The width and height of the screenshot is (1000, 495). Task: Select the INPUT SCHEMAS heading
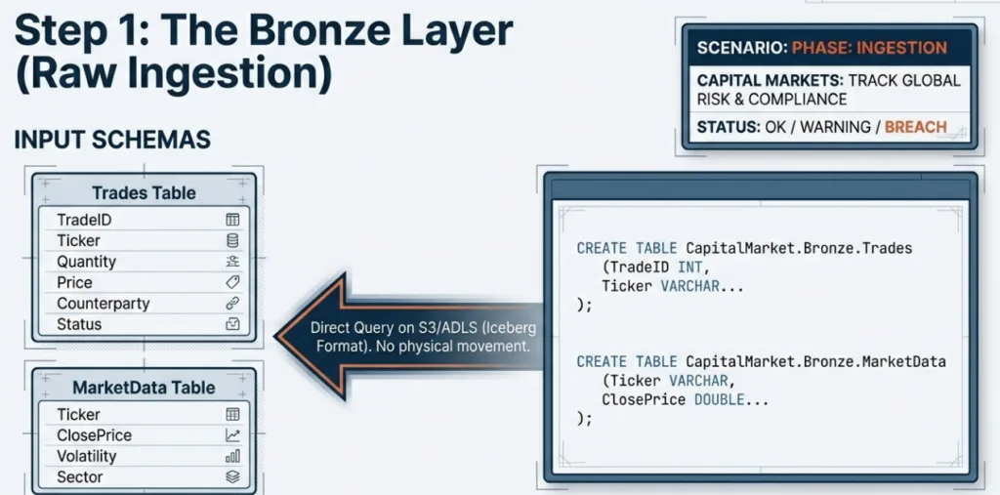click(x=112, y=140)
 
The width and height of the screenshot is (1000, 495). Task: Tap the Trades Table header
click(x=144, y=193)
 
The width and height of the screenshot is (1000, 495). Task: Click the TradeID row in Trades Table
click(x=85, y=220)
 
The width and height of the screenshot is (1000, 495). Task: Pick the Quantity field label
click(x=86, y=262)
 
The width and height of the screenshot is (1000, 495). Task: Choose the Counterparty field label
click(x=104, y=304)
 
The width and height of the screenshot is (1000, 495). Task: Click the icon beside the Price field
click(x=232, y=282)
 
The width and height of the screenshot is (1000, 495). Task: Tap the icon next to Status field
click(x=232, y=324)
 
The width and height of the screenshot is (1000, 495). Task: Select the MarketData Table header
click(x=144, y=388)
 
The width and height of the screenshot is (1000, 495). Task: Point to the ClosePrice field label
click(x=94, y=435)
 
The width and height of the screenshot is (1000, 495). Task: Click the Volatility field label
click(x=86, y=456)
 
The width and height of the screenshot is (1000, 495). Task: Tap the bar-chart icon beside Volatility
click(x=232, y=456)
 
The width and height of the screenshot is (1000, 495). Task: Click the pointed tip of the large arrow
click(x=278, y=337)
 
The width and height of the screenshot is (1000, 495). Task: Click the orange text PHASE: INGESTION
click(x=869, y=47)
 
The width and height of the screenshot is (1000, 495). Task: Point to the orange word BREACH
click(x=915, y=127)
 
